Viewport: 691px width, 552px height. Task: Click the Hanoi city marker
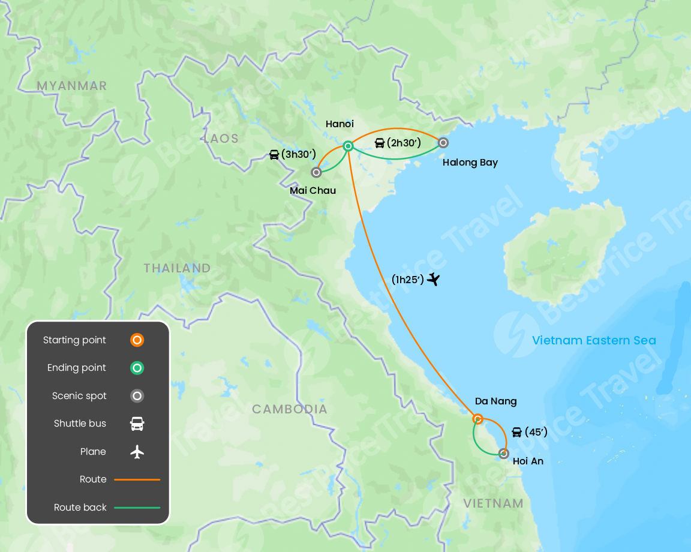click(348, 146)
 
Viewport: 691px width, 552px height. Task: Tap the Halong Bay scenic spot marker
click(443, 143)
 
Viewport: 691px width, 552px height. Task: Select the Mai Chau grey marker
click(316, 173)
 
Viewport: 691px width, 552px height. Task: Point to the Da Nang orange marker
click(478, 419)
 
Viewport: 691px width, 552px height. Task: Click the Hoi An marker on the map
click(504, 454)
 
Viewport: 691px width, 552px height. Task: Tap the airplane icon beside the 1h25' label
click(434, 279)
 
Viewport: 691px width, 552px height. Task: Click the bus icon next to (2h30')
click(380, 143)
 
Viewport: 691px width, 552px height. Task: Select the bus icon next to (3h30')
click(274, 155)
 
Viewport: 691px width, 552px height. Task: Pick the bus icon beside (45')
click(516, 432)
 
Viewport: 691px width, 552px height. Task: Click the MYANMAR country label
click(72, 86)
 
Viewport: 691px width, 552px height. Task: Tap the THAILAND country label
click(177, 268)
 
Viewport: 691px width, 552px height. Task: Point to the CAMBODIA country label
click(290, 409)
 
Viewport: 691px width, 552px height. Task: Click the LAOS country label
click(221, 139)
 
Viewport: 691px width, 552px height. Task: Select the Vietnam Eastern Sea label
click(594, 341)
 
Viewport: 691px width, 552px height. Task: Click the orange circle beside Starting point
click(137, 340)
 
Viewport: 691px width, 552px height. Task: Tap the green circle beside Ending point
click(137, 368)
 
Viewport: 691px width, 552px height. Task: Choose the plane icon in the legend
click(137, 452)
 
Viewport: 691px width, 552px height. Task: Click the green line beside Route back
click(137, 508)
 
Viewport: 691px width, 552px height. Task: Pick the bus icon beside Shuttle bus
click(137, 424)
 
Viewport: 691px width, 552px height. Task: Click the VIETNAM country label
click(493, 503)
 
